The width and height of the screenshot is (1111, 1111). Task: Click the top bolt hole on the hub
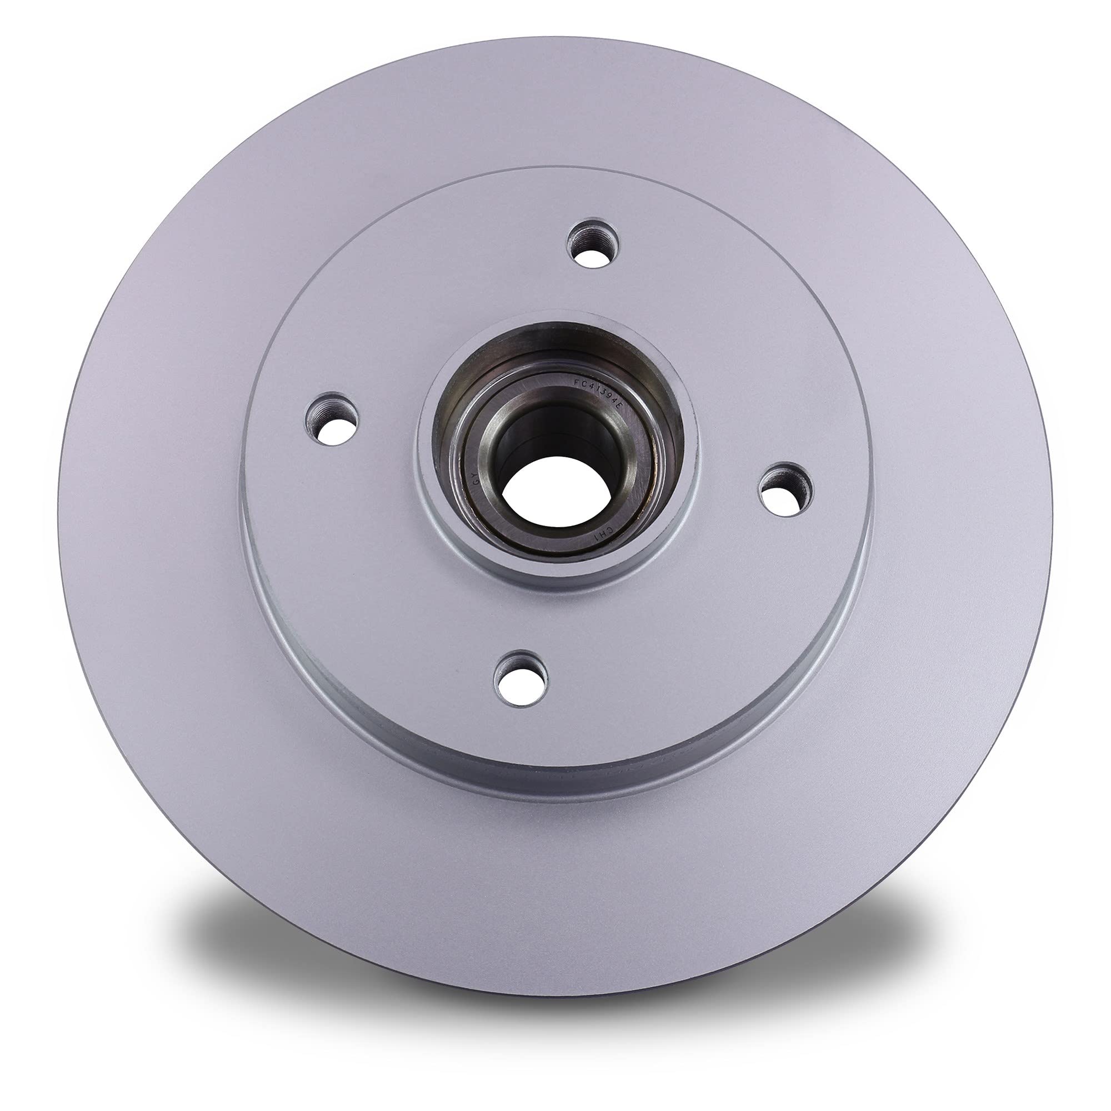coord(593,244)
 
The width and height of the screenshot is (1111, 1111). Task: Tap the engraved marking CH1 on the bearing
coord(606,535)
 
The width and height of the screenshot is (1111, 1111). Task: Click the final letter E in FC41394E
coord(619,406)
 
